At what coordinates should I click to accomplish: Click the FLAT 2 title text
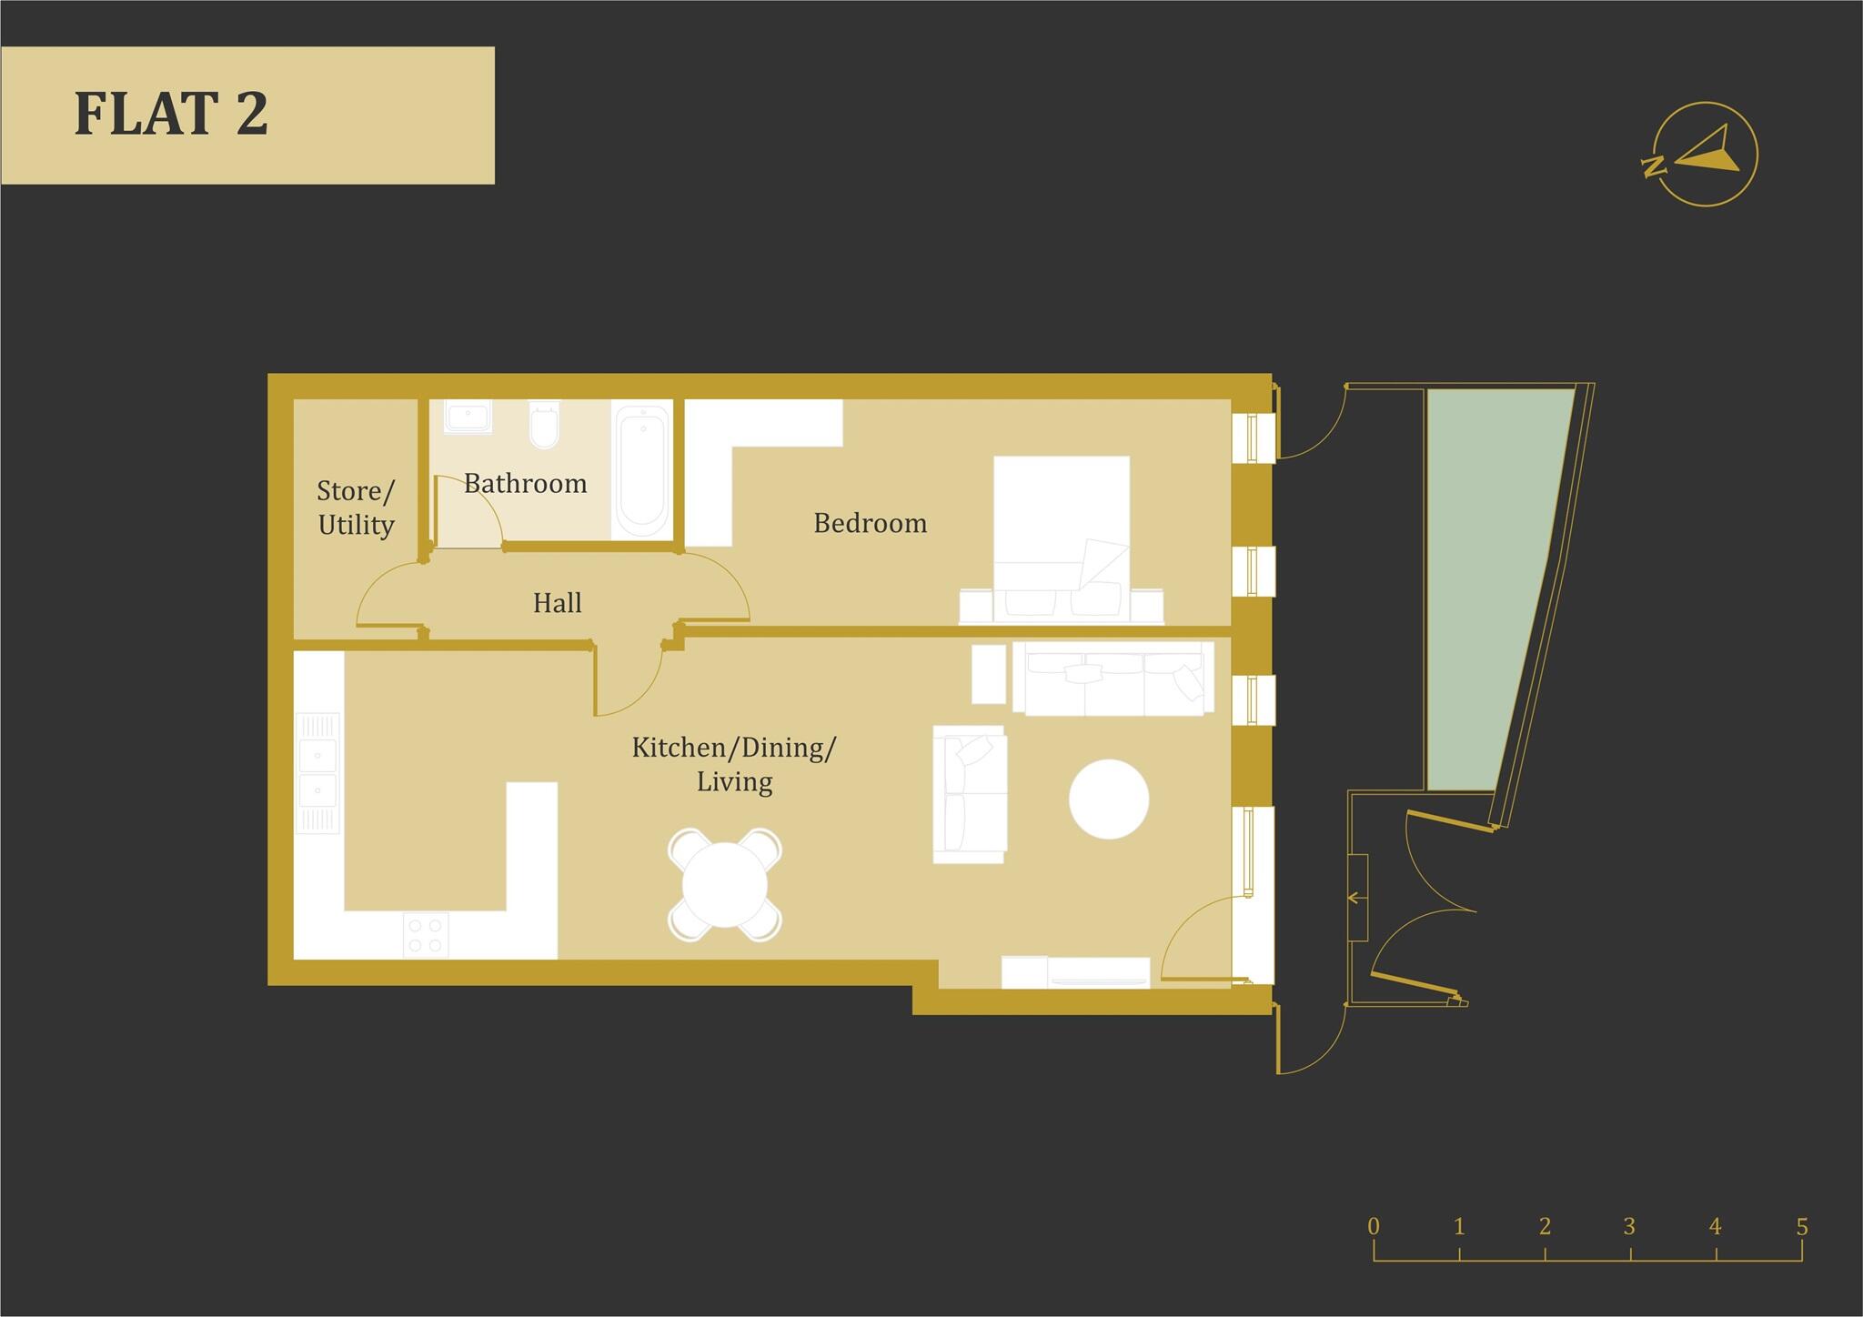(171, 114)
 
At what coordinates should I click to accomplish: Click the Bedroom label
(870, 523)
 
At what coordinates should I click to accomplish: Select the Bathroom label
(525, 483)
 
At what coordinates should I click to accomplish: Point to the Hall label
(557, 602)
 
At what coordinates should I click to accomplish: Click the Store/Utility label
(356, 508)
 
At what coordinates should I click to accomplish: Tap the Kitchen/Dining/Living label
(734, 764)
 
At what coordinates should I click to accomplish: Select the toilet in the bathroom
(544, 425)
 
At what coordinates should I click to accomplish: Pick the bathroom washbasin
(468, 416)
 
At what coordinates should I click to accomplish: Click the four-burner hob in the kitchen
(426, 935)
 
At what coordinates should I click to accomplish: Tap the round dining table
(725, 884)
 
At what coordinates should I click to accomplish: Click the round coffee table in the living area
(1108, 799)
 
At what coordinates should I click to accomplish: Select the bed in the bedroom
(1062, 537)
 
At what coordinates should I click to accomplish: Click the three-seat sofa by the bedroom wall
(1113, 679)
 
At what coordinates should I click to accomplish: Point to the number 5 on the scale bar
(1801, 1226)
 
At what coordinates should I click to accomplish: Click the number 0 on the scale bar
(1374, 1226)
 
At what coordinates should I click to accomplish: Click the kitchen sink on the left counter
(317, 773)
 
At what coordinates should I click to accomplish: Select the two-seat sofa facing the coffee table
(970, 794)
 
